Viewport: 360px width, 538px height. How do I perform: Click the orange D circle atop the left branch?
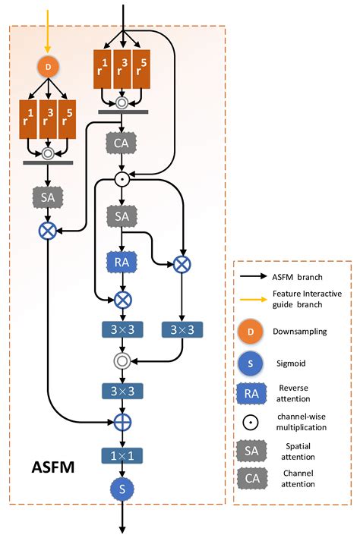(x=49, y=67)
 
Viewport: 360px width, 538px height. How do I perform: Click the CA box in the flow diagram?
(x=120, y=141)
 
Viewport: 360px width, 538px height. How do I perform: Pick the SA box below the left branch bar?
(x=48, y=197)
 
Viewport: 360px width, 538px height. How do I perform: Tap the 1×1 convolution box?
(x=120, y=455)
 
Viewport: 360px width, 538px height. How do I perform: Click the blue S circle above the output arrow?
(x=120, y=489)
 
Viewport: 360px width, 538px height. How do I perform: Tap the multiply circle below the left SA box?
(x=48, y=228)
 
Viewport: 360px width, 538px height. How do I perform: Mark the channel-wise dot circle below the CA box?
(x=120, y=179)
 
